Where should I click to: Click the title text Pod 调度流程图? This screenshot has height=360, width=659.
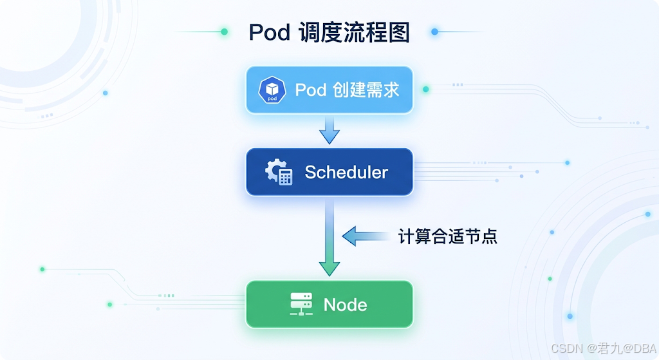(x=329, y=32)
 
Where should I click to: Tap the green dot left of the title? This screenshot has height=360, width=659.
(x=225, y=32)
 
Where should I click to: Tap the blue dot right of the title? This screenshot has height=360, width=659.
(x=434, y=32)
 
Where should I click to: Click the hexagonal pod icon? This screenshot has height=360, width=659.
(x=272, y=90)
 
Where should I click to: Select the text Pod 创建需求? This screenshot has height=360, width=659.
(x=347, y=90)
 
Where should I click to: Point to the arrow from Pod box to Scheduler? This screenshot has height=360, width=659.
(x=329, y=130)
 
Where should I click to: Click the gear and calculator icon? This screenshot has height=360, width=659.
(x=279, y=171)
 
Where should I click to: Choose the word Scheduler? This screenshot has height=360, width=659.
(x=346, y=172)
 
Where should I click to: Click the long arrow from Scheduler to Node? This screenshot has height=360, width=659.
(x=329, y=238)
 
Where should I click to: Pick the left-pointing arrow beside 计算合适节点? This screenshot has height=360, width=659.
(x=366, y=236)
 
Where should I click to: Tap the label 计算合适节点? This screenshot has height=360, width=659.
(x=448, y=236)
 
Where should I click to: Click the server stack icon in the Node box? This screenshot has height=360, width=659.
(x=301, y=304)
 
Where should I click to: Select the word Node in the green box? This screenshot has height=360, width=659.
(x=345, y=305)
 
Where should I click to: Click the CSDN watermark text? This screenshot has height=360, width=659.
(x=604, y=348)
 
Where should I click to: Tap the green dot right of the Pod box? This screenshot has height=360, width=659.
(x=426, y=89)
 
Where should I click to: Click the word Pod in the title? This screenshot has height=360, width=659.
(x=270, y=32)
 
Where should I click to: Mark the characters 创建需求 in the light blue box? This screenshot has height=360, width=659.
(x=366, y=90)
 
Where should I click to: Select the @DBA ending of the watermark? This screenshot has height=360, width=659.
(x=638, y=348)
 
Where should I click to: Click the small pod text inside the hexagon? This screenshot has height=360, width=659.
(x=272, y=99)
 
